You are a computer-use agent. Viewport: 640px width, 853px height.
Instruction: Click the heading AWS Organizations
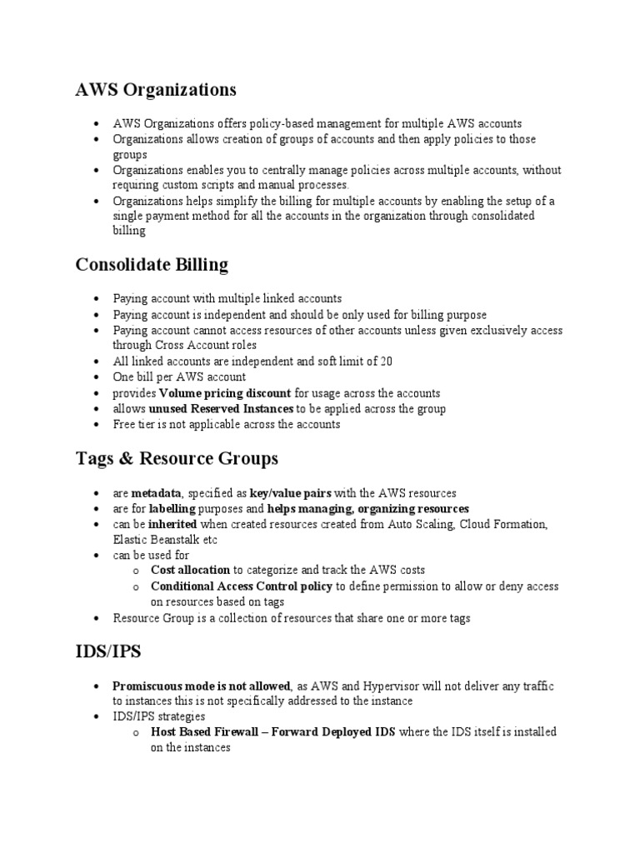(156, 89)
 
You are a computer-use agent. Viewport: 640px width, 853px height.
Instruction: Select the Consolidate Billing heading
(152, 265)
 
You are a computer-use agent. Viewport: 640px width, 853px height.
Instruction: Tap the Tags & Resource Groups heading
(177, 459)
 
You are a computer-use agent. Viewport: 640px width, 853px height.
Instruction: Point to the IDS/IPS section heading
(109, 652)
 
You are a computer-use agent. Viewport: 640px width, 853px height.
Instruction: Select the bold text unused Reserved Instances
(221, 409)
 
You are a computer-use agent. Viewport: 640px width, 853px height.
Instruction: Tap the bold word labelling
(172, 508)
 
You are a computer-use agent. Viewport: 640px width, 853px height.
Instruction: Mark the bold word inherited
(172, 524)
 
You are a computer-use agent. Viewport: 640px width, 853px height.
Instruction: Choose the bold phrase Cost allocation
(190, 571)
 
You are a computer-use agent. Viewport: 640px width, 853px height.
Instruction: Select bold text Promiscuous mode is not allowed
(202, 686)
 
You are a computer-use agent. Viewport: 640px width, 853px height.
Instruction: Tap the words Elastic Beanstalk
(157, 539)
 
